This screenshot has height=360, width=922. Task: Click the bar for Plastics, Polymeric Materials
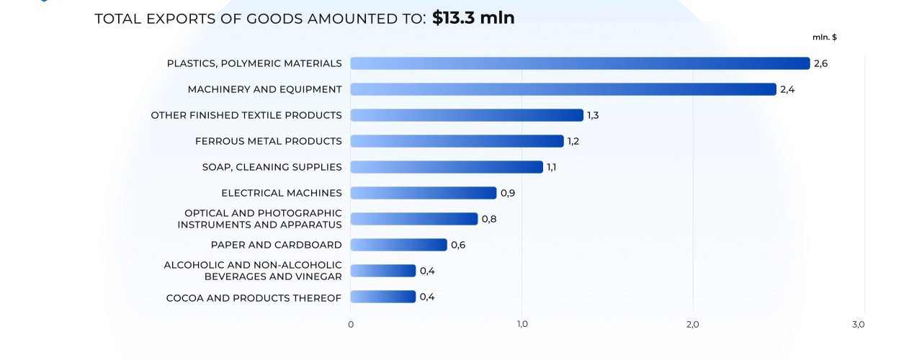coord(580,63)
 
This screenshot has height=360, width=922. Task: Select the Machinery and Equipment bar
coord(563,89)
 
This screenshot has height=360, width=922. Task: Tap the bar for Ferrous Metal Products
coord(457,141)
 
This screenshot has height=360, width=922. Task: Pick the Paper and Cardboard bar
coord(398,245)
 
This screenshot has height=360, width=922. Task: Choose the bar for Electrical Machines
coord(424,193)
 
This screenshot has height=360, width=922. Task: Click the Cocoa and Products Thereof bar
coord(383,297)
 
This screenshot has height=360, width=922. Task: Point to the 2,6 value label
coord(820,63)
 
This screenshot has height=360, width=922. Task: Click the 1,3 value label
coord(593,115)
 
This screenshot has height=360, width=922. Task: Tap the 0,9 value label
coord(508,193)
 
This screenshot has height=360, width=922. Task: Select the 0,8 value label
coord(489,219)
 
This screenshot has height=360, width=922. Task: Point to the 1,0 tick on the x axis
coord(522,325)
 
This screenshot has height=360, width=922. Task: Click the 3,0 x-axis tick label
coord(858,325)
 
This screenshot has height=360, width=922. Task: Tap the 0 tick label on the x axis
coord(351,325)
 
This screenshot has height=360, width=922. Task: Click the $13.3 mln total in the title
coord(473,18)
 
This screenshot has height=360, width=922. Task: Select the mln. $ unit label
coord(825,37)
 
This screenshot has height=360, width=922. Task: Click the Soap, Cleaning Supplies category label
coord(272,167)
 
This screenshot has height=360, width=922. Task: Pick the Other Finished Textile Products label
coord(246,115)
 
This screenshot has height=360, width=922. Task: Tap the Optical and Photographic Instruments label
coord(260,219)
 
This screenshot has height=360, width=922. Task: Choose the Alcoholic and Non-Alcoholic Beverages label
coord(253,271)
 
